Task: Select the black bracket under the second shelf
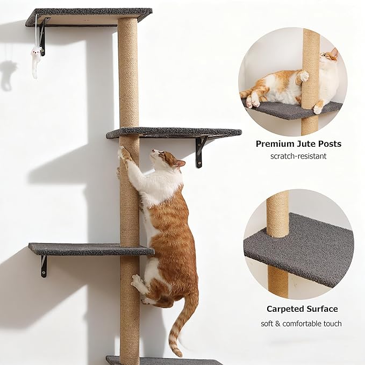tap(201, 151)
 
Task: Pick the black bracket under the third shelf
tap(43, 266)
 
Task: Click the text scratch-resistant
tap(298, 156)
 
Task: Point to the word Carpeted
tap(286, 309)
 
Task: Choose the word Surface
tap(323, 309)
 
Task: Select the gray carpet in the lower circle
tap(301, 253)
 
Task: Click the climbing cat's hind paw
tap(138, 282)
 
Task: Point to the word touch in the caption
tap(332, 324)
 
